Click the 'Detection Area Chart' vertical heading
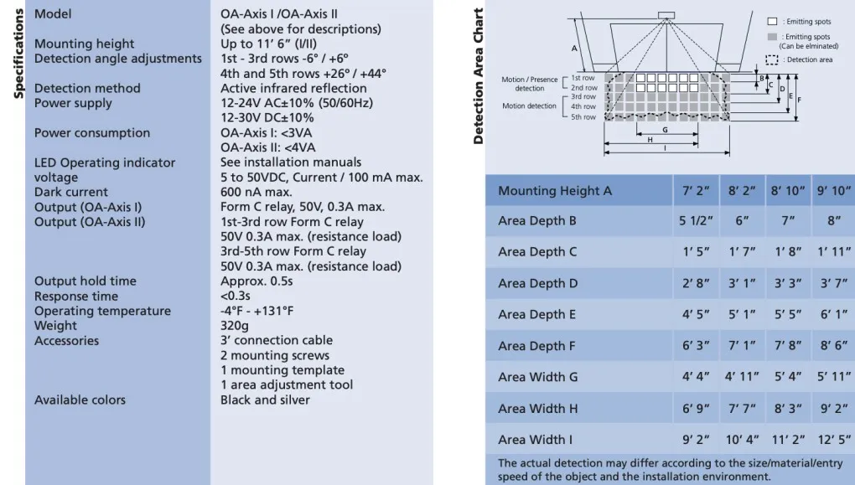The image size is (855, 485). point(479,76)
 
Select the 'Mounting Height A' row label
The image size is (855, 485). point(555,191)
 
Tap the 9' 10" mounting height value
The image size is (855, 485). point(833,191)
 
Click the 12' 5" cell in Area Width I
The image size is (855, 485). point(833,440)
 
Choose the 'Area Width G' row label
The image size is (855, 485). point(537,377)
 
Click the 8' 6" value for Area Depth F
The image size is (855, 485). point(833,346)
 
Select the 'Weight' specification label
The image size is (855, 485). point(55,326)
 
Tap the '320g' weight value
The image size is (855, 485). point(235,326)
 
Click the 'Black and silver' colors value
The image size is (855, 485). point(265,400)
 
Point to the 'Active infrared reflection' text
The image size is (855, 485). point(293,89)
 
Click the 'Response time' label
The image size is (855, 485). point(76,297)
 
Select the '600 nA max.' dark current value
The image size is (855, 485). point(257,193)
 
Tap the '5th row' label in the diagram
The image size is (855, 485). point(583,117)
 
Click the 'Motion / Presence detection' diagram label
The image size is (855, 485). point(529,84)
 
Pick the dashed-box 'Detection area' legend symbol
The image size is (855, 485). point(771,59)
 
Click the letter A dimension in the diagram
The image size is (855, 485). point(574,48)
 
